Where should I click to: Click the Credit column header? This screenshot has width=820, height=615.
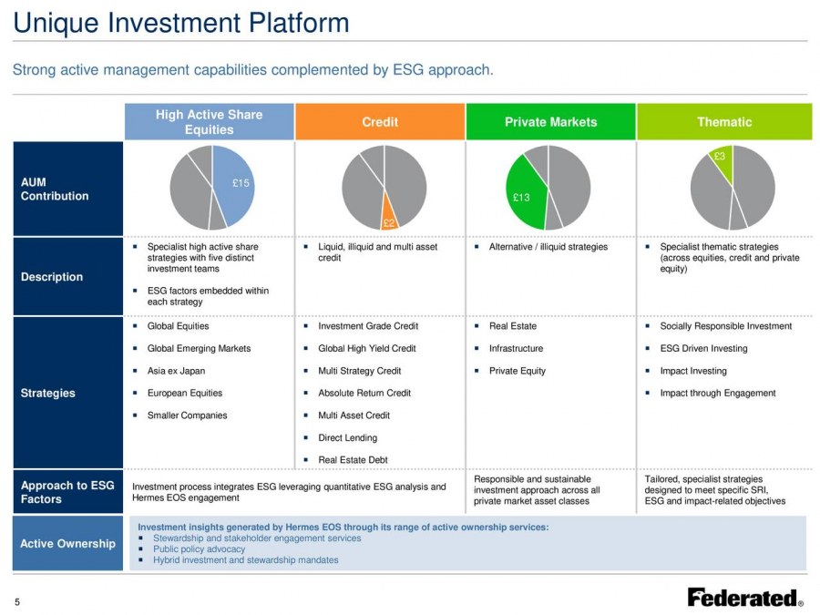click(380, 122)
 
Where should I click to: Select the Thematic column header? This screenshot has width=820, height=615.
click(724, 122)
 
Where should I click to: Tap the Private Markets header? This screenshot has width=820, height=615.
click(550, 122)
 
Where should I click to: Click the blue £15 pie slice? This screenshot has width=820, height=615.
click(235, 186)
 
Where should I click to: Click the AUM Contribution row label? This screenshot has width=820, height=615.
click(55, 189)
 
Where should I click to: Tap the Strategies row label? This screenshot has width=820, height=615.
click(47, 393)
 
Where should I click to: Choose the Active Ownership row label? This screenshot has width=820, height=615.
click(68, 543)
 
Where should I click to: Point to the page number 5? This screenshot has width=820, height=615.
click(17, 602)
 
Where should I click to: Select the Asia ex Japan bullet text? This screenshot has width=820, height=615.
click(176, 371)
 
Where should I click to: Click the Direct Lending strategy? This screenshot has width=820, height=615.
click(348, 437)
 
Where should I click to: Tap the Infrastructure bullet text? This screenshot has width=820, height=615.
click(517, 348)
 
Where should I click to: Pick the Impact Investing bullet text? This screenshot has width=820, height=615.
click(693, 371)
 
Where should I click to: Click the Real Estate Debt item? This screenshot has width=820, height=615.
click(353, 460)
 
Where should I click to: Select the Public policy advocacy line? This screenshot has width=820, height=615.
click(199, 549)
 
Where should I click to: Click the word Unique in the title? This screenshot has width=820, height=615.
click(56, 24)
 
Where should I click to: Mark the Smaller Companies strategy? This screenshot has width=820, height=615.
click(187, 415)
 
